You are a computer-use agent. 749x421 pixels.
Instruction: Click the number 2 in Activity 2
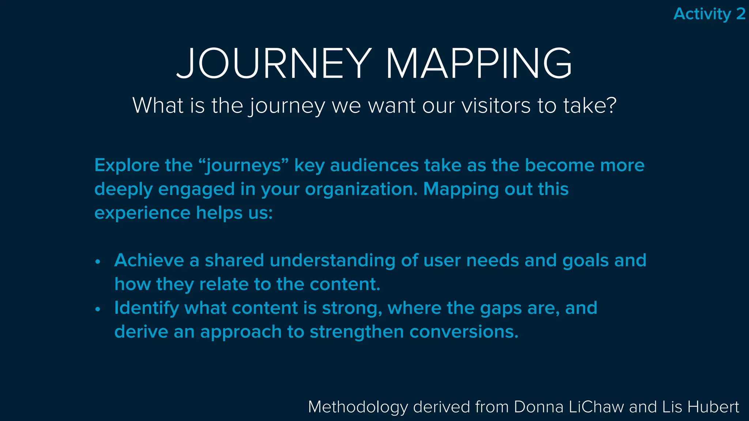tap(741, 14)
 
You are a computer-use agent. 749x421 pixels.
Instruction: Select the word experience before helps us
tap(142, 213)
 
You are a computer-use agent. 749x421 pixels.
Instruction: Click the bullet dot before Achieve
tap(98, 262)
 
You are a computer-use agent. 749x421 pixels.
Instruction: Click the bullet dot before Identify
tap(98, 309)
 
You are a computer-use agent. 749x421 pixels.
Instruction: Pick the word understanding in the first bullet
tap(332, 261)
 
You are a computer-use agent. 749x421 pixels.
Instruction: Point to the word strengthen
tap(357, 332)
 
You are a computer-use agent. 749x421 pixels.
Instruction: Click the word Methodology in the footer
tap(358, 407)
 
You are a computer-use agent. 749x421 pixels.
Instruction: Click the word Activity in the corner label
tap(702, 14)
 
